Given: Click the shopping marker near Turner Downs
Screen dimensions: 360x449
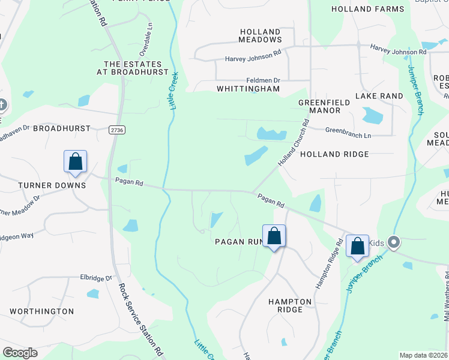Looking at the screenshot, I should point(75,162).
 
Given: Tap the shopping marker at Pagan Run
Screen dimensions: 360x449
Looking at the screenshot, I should point(274,236).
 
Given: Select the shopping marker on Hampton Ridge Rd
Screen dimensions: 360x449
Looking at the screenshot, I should point(357,246).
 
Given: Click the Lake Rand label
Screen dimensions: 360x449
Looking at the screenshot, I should point(379,96).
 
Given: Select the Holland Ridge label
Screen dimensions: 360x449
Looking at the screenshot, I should point(334,154).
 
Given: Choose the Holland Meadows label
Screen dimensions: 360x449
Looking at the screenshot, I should point(261,35).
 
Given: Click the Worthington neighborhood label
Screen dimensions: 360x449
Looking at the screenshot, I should point(42,311).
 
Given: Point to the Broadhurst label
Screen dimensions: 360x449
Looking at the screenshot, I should point(62,128).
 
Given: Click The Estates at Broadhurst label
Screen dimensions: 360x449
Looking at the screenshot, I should point(133,68).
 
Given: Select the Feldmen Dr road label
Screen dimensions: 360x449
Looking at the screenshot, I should point(264,80).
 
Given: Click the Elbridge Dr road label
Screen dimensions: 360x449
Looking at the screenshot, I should point(96,278).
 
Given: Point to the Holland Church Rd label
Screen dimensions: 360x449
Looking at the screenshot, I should point(294,143).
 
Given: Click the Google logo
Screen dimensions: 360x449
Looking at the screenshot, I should point(20,353).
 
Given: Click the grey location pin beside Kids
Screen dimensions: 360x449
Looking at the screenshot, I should point(394,242).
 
